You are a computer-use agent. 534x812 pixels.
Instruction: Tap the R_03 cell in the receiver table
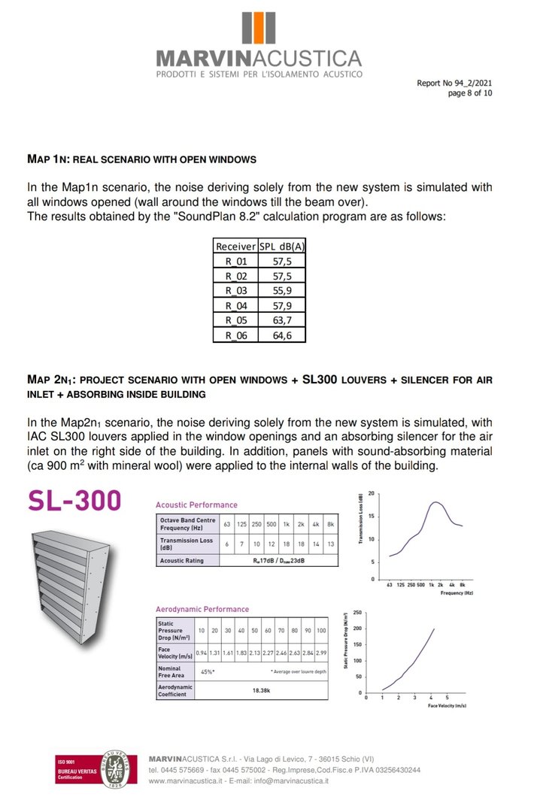click(235, 290)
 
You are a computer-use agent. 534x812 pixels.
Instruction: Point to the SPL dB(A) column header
click(282, 246)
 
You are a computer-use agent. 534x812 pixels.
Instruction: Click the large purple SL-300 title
click(74, 501)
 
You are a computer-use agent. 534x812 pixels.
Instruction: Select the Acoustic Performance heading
click(196, 504)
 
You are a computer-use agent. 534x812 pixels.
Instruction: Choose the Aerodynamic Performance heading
click(202, 609)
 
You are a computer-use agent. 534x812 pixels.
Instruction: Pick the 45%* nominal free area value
click(207, 671)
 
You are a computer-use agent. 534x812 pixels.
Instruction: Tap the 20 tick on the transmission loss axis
click(372, 492)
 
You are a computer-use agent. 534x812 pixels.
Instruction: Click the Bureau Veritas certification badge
click(95, 769)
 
